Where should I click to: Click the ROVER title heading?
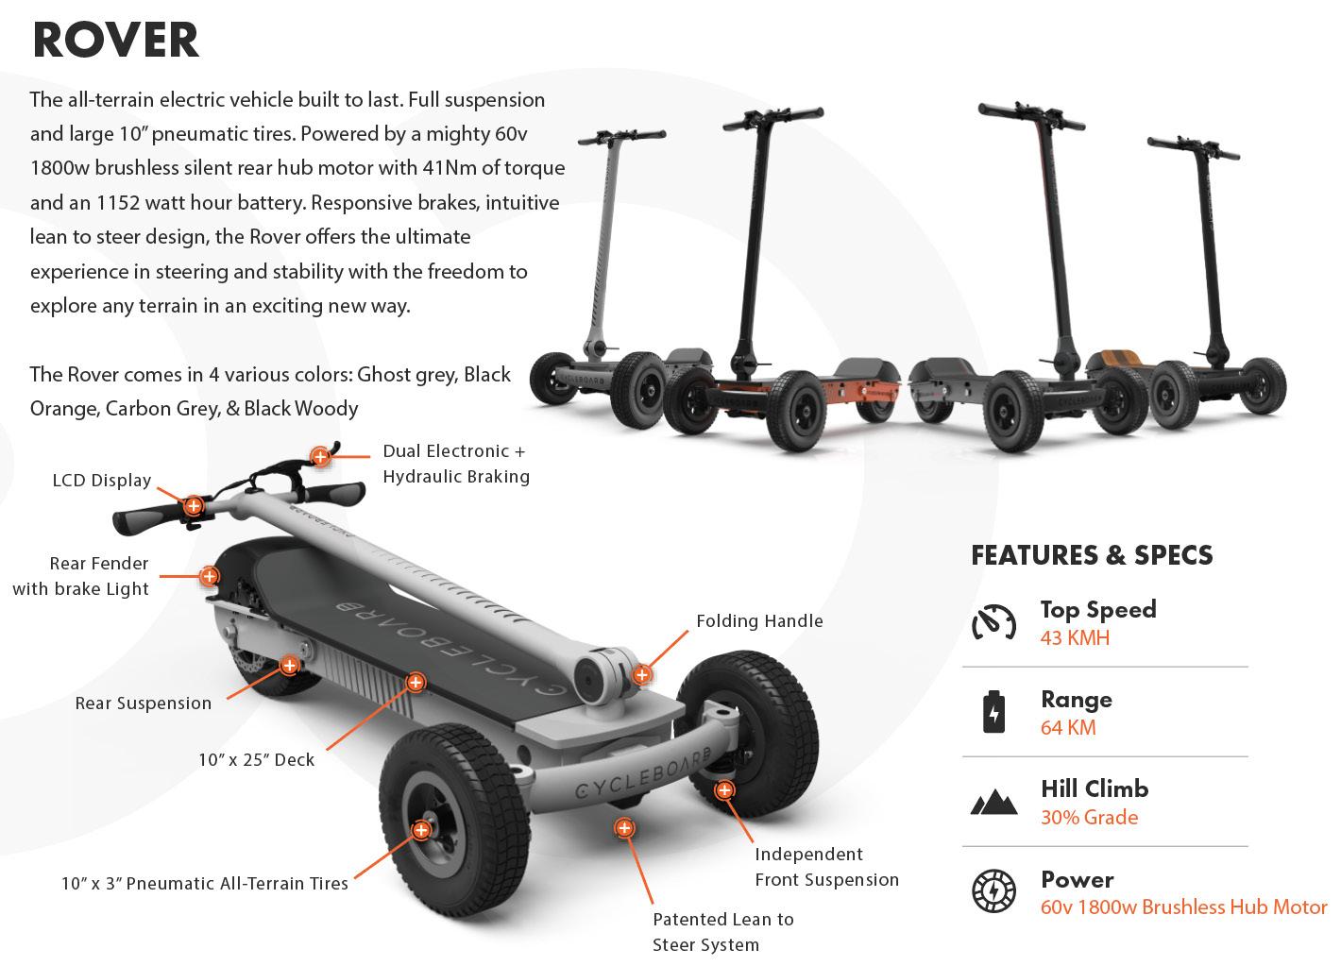click(x=115, y=40)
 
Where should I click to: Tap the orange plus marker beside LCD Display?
click(x=194, y=506)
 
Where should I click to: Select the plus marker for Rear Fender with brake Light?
click(x=209, y=576)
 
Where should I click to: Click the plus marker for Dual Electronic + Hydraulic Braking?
click(x=320, y=457)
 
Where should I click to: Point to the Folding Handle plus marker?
click(x=642, y=675)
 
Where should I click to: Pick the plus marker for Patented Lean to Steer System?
click(x=623, y=829)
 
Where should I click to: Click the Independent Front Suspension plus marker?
click(x=724, y=790)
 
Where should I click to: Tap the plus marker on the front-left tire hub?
click(x=421, y=831)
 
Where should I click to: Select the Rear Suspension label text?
click(x=144, y=703)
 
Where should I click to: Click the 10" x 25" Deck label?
click(x=256, y=759)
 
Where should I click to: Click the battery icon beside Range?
click(x=993, y=712)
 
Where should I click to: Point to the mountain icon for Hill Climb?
click(x=993, y=803)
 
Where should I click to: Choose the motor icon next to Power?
click(x=993, y=891)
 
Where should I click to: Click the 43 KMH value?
click(x=1075, y=637)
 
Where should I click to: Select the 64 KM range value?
click(x=1068, y=727)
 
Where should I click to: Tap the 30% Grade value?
click(x=1089, y=817)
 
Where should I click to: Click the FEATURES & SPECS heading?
click(x=1092, y=554)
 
